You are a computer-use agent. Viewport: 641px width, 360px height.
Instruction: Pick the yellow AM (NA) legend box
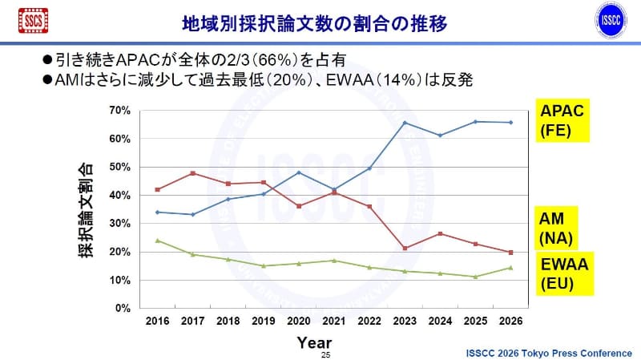coord(559,228)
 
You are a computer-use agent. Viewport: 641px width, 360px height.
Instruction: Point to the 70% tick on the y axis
coord(121,110)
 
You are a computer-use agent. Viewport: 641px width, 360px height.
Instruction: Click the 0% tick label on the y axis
coord(123,308)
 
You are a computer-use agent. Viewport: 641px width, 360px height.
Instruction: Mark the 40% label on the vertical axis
coord(121,195)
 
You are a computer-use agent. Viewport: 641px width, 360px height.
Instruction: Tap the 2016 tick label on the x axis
coord(158,321)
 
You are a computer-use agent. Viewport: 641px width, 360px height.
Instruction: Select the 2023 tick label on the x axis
coord(405,321)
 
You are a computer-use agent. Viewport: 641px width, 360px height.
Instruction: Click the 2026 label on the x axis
coord(510,321)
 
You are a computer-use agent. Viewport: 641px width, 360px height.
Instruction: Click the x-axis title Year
coord(314,342)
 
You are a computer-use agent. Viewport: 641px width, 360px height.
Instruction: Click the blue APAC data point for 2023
coord(405,123)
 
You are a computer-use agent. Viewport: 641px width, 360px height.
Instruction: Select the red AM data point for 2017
coord(193,173)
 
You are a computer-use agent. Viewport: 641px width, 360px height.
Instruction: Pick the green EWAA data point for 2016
coord(158,241)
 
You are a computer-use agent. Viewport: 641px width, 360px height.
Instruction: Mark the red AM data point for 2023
coord(405,249)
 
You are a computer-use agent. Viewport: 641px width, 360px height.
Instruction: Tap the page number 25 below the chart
coord(325,354)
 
